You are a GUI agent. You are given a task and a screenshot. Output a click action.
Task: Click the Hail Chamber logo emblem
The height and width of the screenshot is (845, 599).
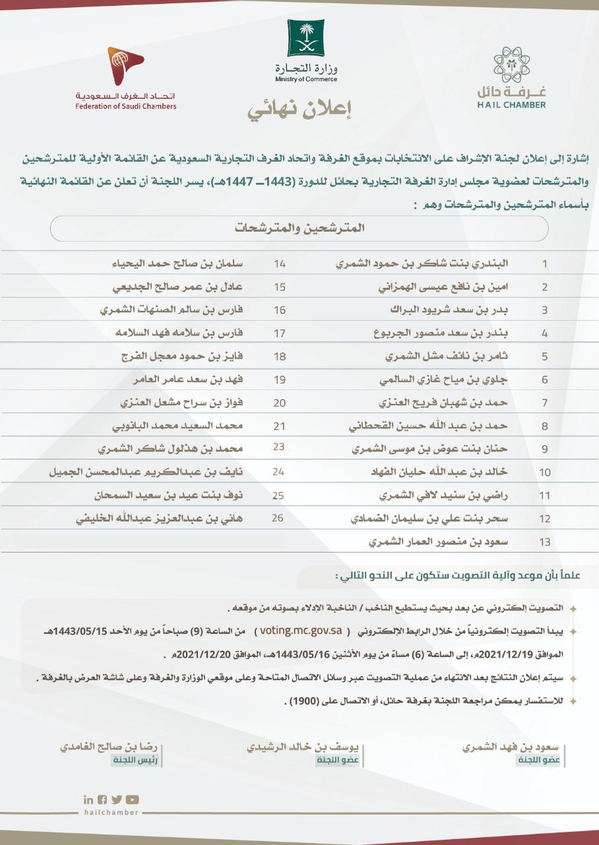pyautogui.click(x=511, y=65)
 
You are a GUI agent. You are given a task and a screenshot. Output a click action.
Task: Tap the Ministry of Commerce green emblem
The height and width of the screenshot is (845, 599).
pyautogui.click(x=306, y=38)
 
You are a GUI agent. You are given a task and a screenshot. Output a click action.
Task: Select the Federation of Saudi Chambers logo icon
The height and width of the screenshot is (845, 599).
pyautogui.click(x=125, y=65)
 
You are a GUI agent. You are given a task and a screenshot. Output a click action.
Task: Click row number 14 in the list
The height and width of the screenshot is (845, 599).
pyautogui.click(x=279, y=263)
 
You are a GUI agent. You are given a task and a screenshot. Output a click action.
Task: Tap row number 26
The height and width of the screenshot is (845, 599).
pyautogui.click(x=277, y=518)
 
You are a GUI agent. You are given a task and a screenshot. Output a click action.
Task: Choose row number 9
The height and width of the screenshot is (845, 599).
pyautogui.click(x=544, y=450)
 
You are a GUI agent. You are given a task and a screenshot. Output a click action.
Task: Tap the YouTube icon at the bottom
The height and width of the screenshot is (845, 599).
pyautogui.click(x=133, y=799)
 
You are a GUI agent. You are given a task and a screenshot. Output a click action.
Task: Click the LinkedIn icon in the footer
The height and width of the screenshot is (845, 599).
pyautogui.click(x=88, y=799)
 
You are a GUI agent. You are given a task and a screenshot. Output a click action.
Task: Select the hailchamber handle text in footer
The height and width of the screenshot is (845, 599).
pyautogui.click(x=112, y=813)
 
